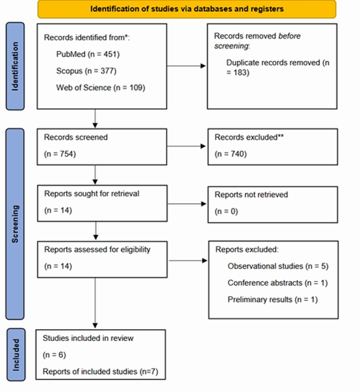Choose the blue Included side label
click(14, 354)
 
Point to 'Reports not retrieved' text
click(251, 194)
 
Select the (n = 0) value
click(227, 212)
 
